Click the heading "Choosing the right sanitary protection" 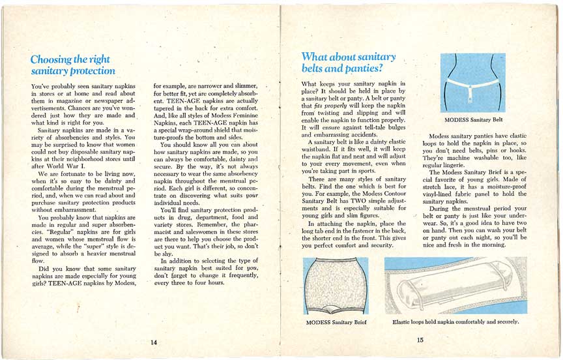[x=72, y=65]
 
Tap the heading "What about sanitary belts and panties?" [x=349, y=63]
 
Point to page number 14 [x=154, y=344]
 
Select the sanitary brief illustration [x=336, y=285]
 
